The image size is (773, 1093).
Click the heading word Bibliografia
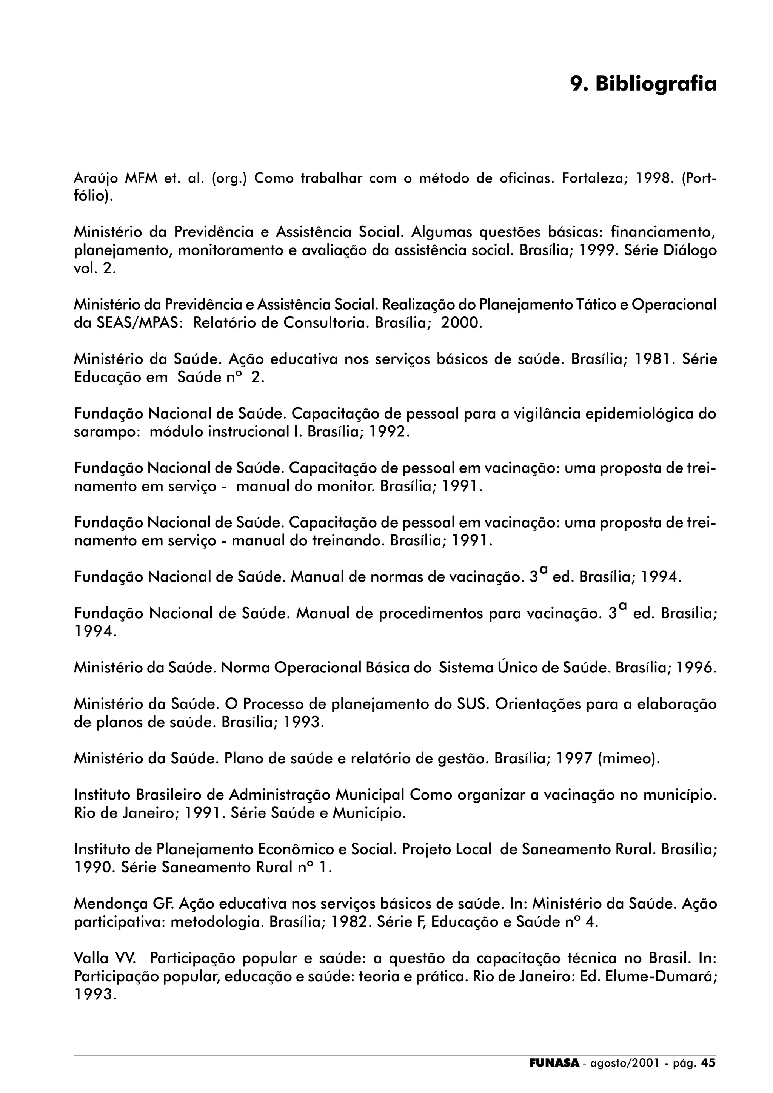point(656,84)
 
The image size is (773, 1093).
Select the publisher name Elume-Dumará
point(660,976)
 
